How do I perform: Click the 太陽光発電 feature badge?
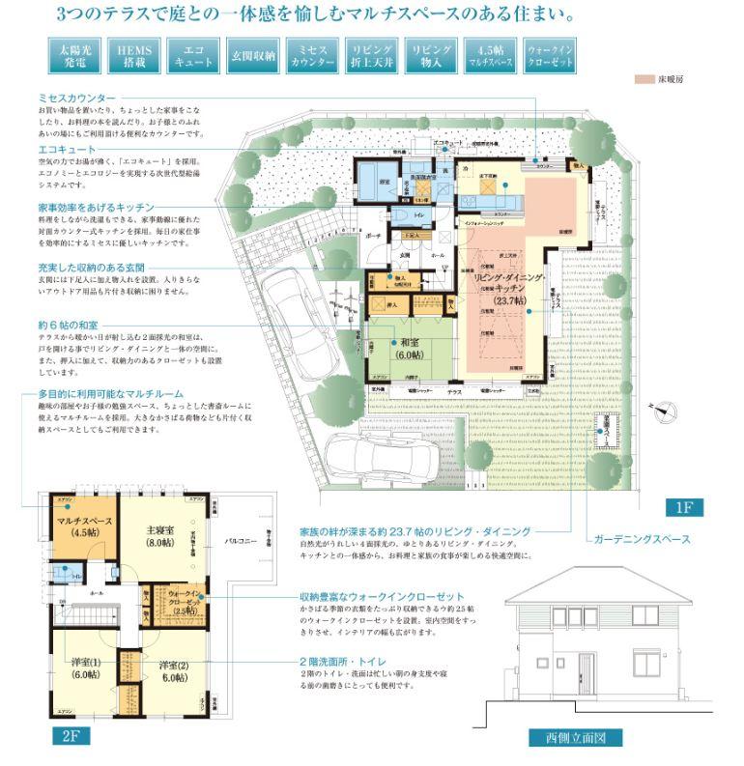tap(74, 56)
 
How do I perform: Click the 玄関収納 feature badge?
tap(253, 56)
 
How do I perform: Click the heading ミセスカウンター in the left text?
tap(76, 99)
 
